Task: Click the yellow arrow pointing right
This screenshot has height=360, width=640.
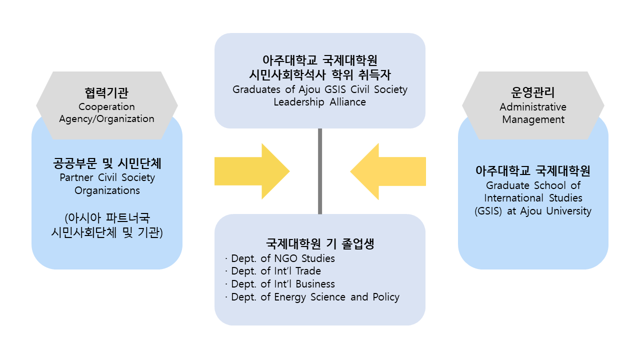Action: tap(250, 171)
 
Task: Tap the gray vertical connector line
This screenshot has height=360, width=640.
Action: tap(320, 171)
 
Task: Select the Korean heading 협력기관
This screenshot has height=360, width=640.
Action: tap(106, 93)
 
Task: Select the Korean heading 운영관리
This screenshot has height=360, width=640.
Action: tap(533, 93)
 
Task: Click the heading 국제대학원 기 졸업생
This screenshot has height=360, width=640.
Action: tap(320, 244)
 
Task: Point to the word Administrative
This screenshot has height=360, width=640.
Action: tap(533, 107)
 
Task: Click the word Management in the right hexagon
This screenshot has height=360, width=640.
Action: tap(533, 119)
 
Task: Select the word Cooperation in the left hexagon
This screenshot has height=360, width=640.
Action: tap(106, 106)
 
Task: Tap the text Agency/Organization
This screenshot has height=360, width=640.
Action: tap(106, 119)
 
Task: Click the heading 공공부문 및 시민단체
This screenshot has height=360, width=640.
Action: tap(107, 163)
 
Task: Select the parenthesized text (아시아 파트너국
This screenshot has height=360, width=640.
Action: tap(107, 218)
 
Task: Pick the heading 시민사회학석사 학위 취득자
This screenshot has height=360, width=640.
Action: tap(320, 75)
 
